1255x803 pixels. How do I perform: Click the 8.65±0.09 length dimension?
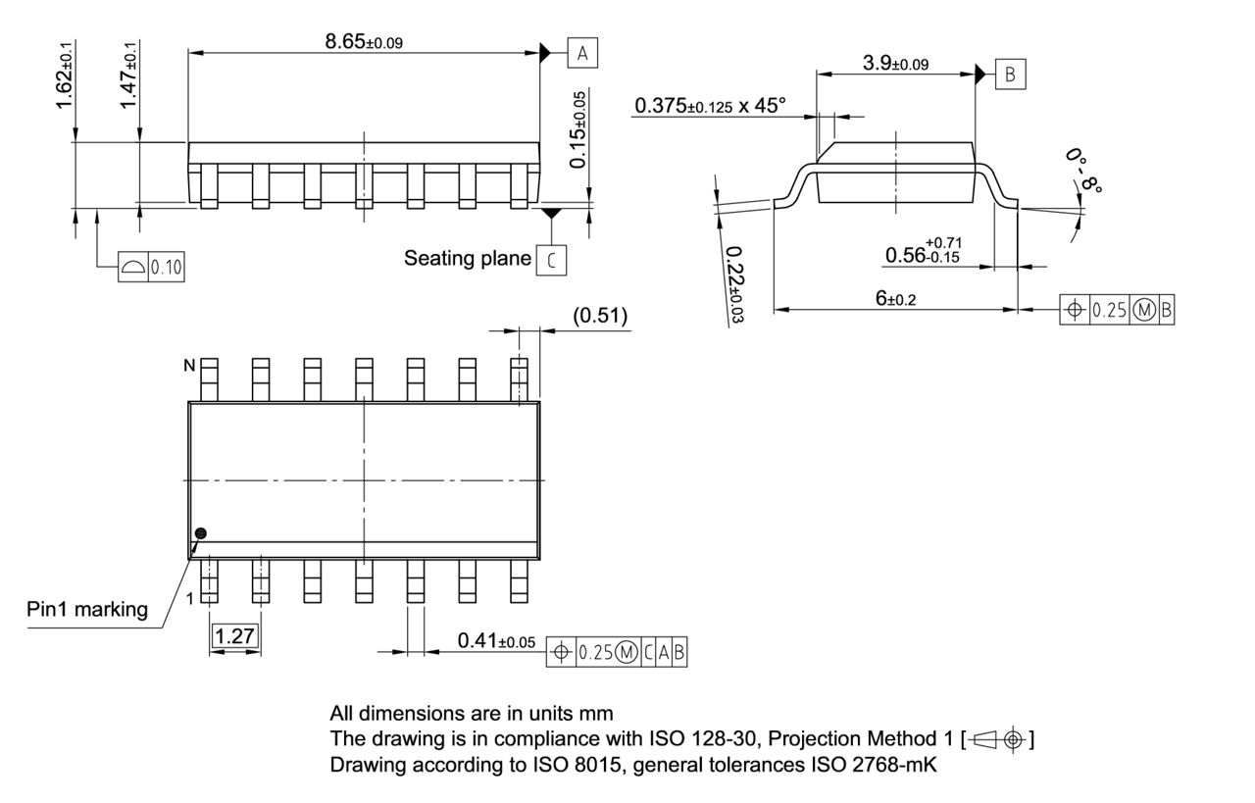click(x=364, y=41)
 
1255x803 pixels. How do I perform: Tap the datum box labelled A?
click(x=582, y=54)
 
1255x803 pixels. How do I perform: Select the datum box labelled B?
click(x=1010, y=74)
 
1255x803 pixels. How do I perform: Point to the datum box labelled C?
click(x=552, y=260)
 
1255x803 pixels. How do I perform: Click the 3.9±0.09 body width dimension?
click(x=895, y=64)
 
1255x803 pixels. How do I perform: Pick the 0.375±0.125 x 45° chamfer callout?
click(x=710, y=106)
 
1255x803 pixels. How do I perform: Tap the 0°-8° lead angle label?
click(x=1083, y=174)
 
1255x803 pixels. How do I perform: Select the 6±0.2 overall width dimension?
click(x=895, y=299)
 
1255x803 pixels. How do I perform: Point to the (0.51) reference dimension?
click(x=600, y=316)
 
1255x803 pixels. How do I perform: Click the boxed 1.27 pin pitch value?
click(x=234, y=636)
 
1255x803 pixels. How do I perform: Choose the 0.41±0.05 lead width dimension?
click(x=496, y=641)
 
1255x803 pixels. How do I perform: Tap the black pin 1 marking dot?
click(x=201, y=533)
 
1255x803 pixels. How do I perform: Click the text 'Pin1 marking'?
click(x=87, y=609)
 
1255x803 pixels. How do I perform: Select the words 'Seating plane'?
click(x=467, y=259)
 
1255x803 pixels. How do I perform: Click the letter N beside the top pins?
click(x=192, y=366)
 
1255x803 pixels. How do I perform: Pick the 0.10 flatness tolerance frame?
click(x=150, y=268)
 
